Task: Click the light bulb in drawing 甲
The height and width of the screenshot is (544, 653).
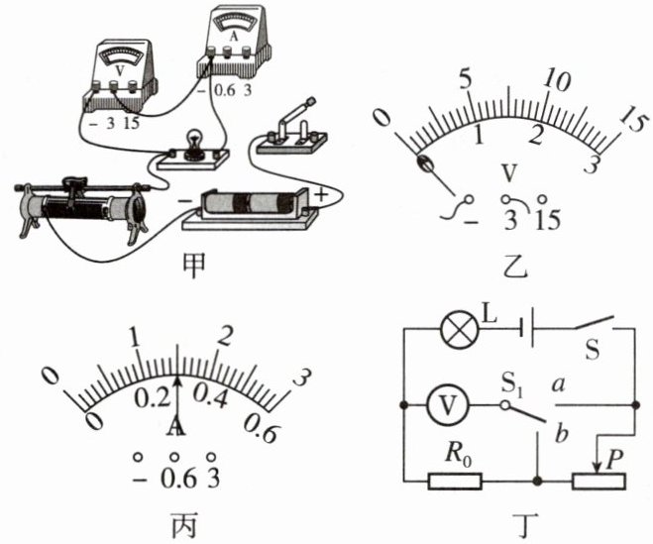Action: click(192, 143)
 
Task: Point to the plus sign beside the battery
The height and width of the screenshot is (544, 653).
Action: click(321, 195)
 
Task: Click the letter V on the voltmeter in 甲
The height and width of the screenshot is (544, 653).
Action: click(120, 70)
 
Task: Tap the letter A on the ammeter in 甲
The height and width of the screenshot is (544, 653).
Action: click(234, 36)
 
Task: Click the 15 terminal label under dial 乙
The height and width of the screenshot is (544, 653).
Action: click(548, 220)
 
